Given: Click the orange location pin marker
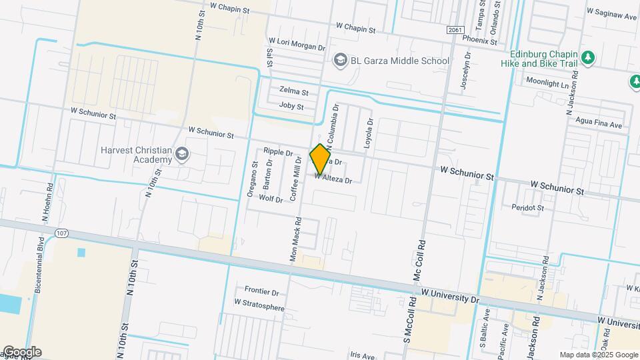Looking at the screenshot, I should (321, 159).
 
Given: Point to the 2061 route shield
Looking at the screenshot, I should (455, 31).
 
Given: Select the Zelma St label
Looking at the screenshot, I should (294, 91).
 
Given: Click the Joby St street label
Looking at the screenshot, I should (291, 107).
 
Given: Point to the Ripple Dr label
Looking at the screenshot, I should (278, 153).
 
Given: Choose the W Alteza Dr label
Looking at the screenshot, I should (333, 179).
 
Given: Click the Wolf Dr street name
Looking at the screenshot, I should (271, 199).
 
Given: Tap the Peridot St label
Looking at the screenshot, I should (528, 208).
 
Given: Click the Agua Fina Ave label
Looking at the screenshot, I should (601, 125).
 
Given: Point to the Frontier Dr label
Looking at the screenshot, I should (261, 291).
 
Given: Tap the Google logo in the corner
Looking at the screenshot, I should (21, 352).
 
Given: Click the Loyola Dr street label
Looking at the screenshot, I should (367, 134).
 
